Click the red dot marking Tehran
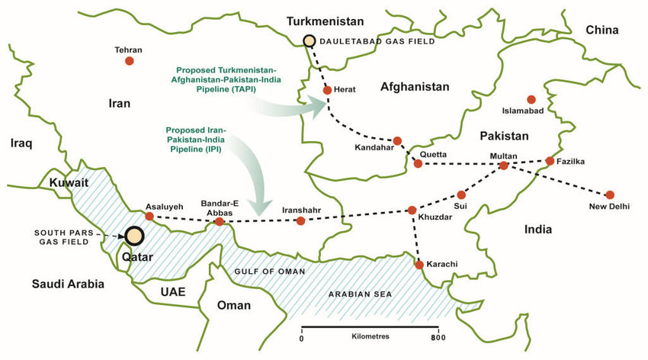pos(130,61)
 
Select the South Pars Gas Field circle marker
pos(136,236)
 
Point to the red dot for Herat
pos(327,90)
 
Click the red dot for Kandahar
pos(397,140)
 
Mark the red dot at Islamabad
pos(531,99)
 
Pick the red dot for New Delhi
pos(610,194)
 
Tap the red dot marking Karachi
pos(419,265)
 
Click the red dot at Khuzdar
pos(412,210)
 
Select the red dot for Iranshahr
pos(300,221)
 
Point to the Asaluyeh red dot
pos(149,216)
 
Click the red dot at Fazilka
pos(550,161)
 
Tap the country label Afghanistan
pos(415,87)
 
